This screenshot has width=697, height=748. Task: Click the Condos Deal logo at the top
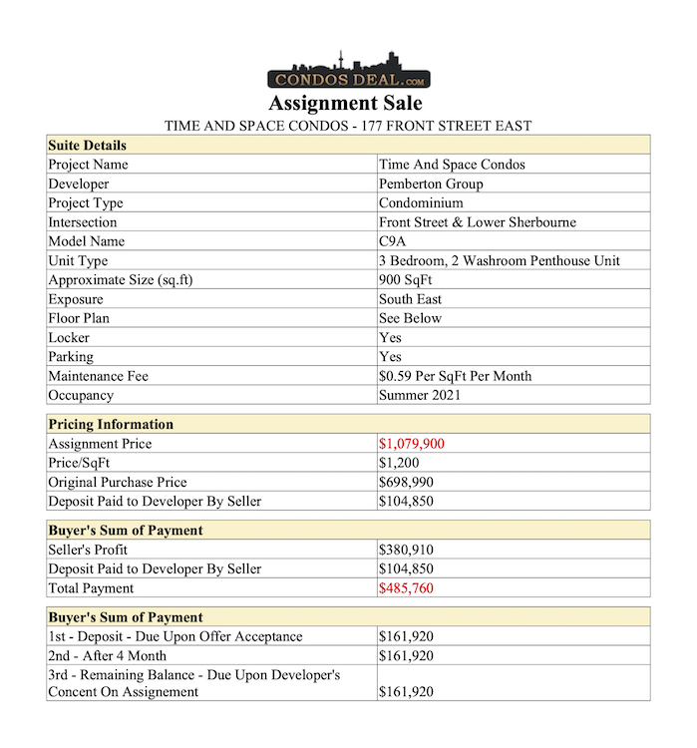pyautogui.click(x=348, y=71)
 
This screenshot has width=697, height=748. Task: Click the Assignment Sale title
pyautogui.click(x=346, y=104)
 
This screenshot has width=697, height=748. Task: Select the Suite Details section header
pyautogui.click(x=88, y=146)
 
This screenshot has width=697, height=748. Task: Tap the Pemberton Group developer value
pyautogui.click(x=425, y=184)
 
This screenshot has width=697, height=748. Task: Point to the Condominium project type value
pyautogui.click(x=421, y=203)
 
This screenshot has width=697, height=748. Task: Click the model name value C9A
pyautogui.click(x=391, y=241)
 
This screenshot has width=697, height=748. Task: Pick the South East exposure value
pyautogui.click(x=410, y=299)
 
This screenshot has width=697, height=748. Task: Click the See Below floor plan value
pyautogui.click(x=410, y=318)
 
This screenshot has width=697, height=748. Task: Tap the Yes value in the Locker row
pyautogui.click(x=390, y=338)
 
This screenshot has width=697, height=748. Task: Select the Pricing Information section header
pyautogui.click(x=111, y=425)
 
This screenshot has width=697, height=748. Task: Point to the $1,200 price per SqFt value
pyautogui.click(x=399, y=463)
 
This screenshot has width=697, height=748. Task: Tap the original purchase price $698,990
pyautogui.click(x=406, y=483)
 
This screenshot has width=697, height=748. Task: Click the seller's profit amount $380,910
pyautogui.click(x=406, y=550)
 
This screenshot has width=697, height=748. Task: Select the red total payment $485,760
pyautogui.click(x=406, y=588)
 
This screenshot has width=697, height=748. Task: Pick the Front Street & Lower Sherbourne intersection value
pyautogui.click(x=477, y=222)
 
